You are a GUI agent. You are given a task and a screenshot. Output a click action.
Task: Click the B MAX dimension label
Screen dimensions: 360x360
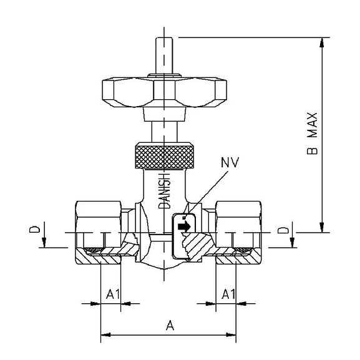(x=314, y=133)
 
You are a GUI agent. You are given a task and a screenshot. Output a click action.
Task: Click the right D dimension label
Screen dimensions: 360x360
(x=286, y=231)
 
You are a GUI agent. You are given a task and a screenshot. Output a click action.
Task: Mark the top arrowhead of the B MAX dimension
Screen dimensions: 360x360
(x=322, y=42)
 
